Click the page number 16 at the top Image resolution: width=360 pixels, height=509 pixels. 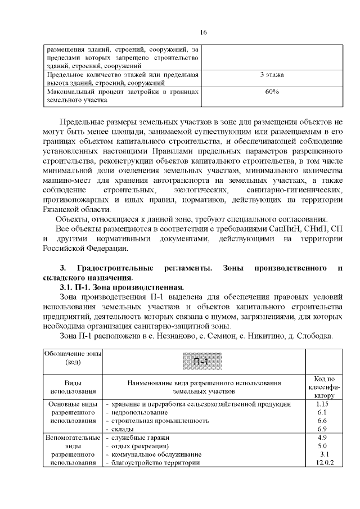203,32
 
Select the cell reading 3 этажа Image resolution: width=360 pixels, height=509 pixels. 272,74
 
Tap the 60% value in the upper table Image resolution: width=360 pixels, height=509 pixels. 272,91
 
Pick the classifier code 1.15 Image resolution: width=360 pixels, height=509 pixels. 322,404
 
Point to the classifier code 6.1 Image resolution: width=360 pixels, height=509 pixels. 322,412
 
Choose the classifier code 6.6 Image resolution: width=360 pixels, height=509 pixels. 322,421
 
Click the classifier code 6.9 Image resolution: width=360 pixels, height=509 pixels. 322,429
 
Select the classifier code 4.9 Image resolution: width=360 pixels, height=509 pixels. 322,438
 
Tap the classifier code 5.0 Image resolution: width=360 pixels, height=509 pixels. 322,446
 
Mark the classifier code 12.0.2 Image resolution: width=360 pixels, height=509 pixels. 323,463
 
